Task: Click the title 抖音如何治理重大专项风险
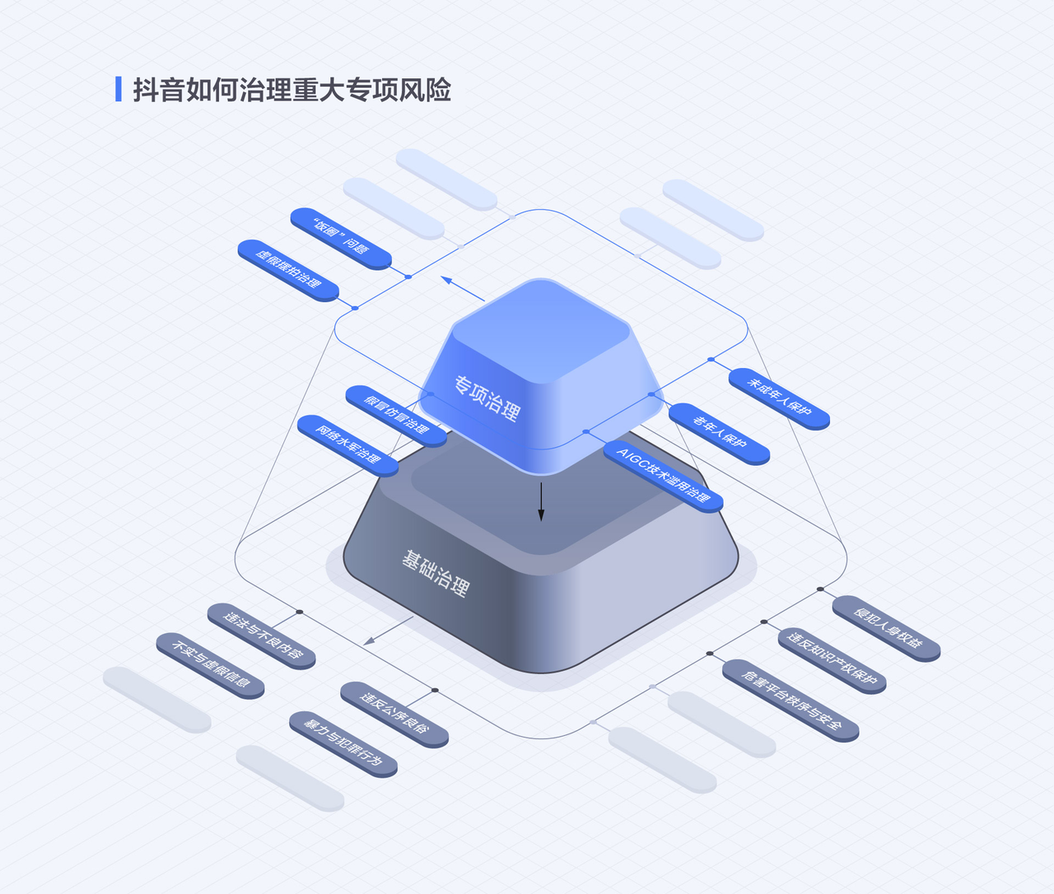click(291, 90)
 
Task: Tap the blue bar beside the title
click(119, 89)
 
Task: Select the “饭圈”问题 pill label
click(341, 239)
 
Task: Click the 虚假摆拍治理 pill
click(288, 270)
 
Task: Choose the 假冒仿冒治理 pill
click(396, 416)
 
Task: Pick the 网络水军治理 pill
click(347, 445)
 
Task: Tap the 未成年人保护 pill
click(779, 398)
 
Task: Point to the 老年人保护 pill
click(719, 434)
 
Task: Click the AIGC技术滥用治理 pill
click(663, 476)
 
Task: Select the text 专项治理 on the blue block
click(487, 399)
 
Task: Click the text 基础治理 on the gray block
click(435, 574)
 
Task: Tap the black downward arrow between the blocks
click(541, 501)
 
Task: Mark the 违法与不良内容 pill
click(261, 636)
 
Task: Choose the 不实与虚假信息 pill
click(210, 666)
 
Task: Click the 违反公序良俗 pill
click(394, 715)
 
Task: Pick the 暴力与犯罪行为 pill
click(343, 744)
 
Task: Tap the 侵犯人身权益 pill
click(886, 628)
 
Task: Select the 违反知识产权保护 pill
click(832, 660)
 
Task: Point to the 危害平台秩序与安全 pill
click(790, 701)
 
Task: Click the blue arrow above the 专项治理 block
click(463, 288)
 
